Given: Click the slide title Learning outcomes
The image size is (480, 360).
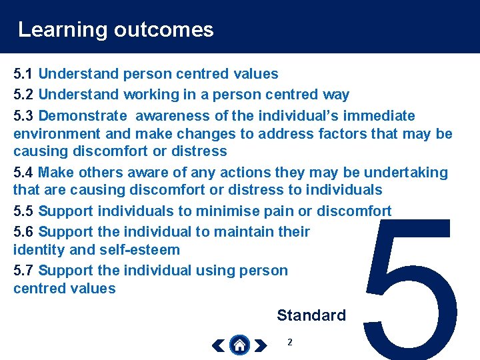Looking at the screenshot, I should click(115, 29).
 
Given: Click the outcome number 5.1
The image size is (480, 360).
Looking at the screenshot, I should click(24, 74).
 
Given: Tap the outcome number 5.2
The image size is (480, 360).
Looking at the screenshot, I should click(24, 95).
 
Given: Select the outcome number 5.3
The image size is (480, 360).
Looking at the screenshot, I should click(24, 116).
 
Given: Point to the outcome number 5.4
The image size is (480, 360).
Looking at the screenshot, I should click(24, 173).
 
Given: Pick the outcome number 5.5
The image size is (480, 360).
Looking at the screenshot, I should click(24, 211).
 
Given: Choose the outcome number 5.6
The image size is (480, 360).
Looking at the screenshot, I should click(24, 232).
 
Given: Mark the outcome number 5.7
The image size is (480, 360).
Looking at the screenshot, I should click(24, 271).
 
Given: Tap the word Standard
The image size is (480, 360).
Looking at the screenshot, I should click(311, 315).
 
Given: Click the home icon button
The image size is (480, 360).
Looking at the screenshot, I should click(239, 345).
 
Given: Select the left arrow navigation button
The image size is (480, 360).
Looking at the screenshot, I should click(218, 345).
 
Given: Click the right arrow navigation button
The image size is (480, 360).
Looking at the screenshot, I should click(261, 345).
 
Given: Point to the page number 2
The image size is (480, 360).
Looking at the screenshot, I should click(289, 342).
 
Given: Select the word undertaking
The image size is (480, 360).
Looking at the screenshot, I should click(406, 173).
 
